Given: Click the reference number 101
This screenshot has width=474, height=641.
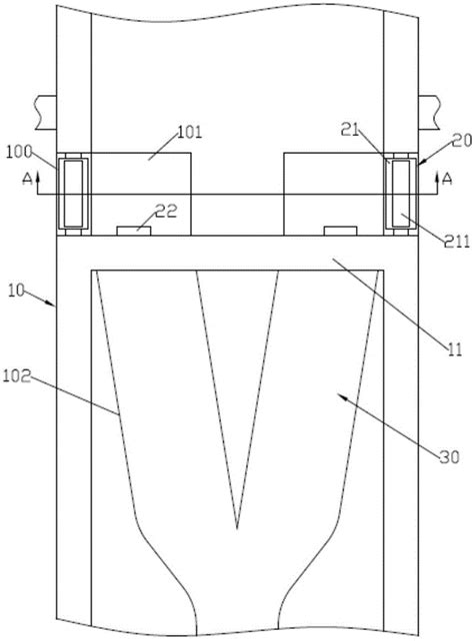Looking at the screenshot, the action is click(x=190, y=133).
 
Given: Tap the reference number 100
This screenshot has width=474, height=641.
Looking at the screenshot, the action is click(x=19, y=152).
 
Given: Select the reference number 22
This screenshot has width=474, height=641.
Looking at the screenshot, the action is click(x=166, y=211).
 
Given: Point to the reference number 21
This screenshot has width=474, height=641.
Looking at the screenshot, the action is click(x=350, y=131).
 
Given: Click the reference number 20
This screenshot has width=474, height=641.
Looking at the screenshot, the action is click(x=462, y=141).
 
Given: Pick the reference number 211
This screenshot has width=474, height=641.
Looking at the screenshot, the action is click(x=457, y=242).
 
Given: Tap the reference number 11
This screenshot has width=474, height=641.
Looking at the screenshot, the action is click(x=455, y=349).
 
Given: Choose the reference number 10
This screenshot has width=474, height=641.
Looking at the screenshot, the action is click(x=17, y=292).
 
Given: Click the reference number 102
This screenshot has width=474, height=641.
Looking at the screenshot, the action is click(x=17, y=376).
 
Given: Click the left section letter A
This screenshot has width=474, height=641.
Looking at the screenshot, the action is click(x=27, y=179).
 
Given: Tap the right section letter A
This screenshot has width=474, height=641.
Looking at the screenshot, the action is click(x=447, y=179).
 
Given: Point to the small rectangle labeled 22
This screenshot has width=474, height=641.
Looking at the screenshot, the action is click(x=134, y=231).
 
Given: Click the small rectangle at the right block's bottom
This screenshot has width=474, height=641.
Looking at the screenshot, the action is click(x=340, y=231).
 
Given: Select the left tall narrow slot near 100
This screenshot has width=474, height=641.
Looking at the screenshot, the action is click(x=73, y=194).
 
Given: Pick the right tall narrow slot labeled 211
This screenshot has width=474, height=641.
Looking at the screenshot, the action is click(x=401, y=194).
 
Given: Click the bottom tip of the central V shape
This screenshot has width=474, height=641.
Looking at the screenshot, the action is click(x=237, y=529).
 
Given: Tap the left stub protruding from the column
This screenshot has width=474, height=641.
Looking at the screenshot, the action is click(x=46, y=113).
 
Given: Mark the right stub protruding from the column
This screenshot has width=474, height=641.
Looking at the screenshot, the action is click(x=429, y=113).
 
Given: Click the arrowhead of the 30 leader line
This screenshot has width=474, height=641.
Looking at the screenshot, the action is click(x=339, y=395).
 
